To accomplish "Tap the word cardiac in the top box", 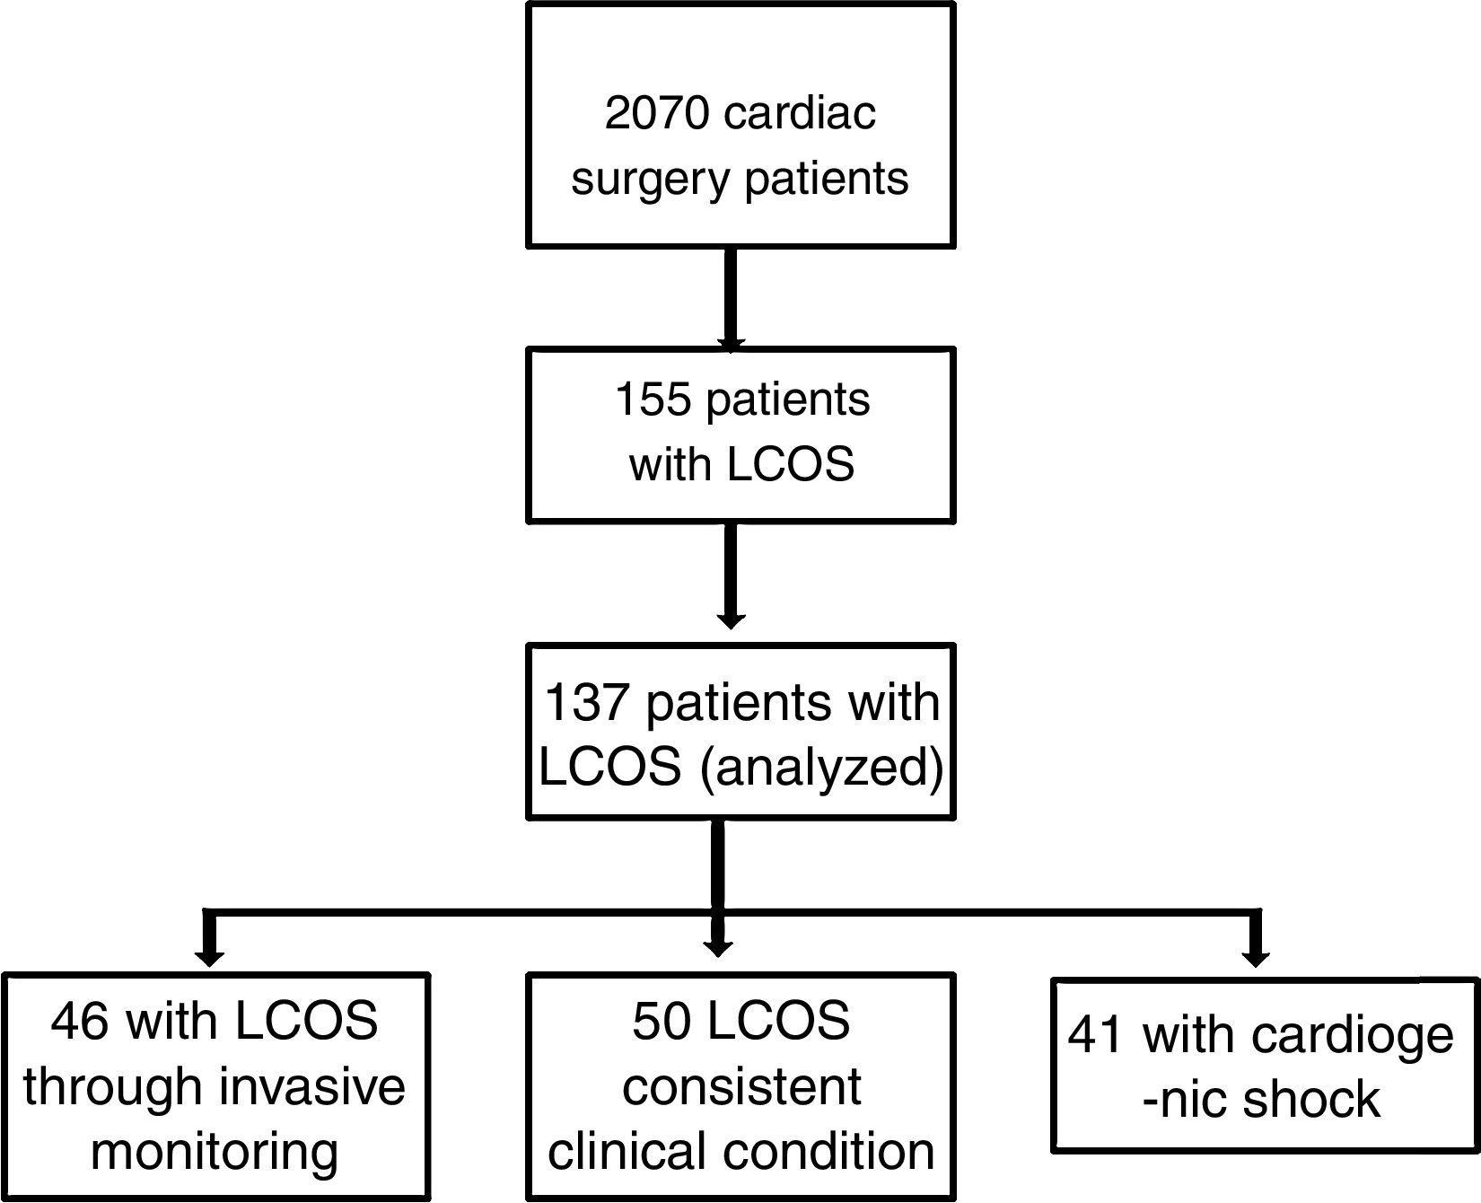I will (799, 114).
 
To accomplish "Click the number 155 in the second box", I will (651, 399).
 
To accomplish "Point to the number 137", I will (585, 702).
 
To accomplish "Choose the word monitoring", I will (215, 1152).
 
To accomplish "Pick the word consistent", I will (741, 1086).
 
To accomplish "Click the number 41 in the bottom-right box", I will (1096, 1035).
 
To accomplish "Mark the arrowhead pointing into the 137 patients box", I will (731, 619).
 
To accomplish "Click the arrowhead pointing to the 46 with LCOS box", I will (209, 956).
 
